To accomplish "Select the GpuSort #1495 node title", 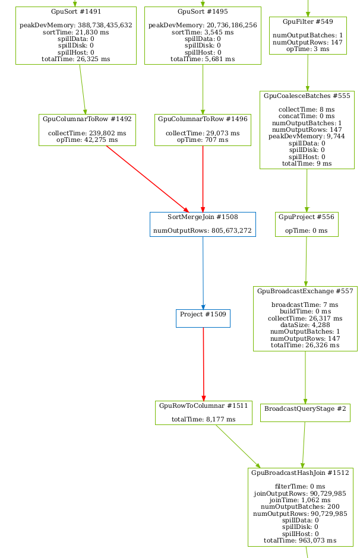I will click(x=203, y=11).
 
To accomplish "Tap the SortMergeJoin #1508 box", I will click(x=203, y=224).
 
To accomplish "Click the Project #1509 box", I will click(x=203, y=318).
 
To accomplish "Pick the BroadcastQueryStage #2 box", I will click(x=305, y=413).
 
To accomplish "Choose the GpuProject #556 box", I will click(x=307, y=224).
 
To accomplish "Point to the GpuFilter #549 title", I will click(x=308, y=21).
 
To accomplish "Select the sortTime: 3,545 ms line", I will click(x=203, y=32).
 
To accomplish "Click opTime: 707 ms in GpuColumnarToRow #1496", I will click(x=203, y=140).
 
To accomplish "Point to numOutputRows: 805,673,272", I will click(x=203, y=231).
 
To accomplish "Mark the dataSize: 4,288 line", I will click(x=305, y=325).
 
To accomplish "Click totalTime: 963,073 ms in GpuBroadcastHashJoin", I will click(x=300, y=540).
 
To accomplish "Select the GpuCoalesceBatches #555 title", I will click(x=307, y=96).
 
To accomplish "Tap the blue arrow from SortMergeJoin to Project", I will click(x=203, y=273).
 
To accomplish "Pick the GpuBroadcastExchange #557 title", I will click(x=305, y=291).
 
